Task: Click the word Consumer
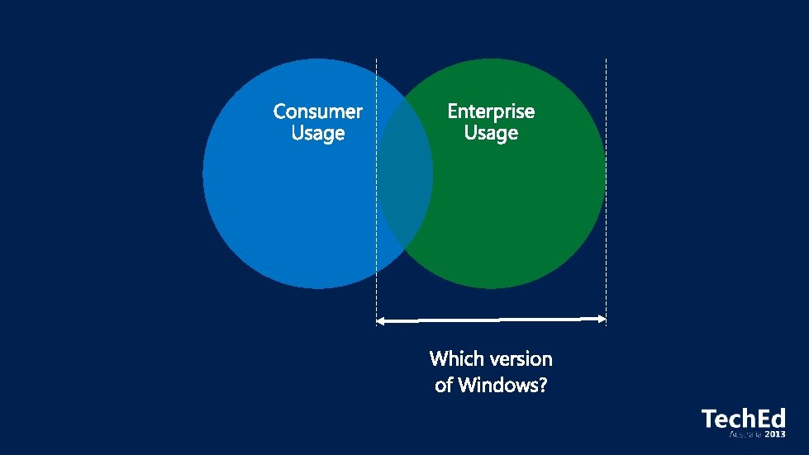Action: coord(318,111)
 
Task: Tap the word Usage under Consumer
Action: coord(318,133)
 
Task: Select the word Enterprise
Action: coord(491,111)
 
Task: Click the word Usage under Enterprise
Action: coord(491,133)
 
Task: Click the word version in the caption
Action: coord(520,358)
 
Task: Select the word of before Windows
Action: coord(445,385)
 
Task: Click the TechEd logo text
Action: coord(743,419)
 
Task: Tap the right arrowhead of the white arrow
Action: coord(602,318)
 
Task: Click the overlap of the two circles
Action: coord(405,173)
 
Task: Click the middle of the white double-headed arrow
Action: coord(492,319)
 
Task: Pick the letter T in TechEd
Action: coord(709,419)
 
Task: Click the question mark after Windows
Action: coord(542,385)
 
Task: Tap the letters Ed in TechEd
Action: coord(770,419)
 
